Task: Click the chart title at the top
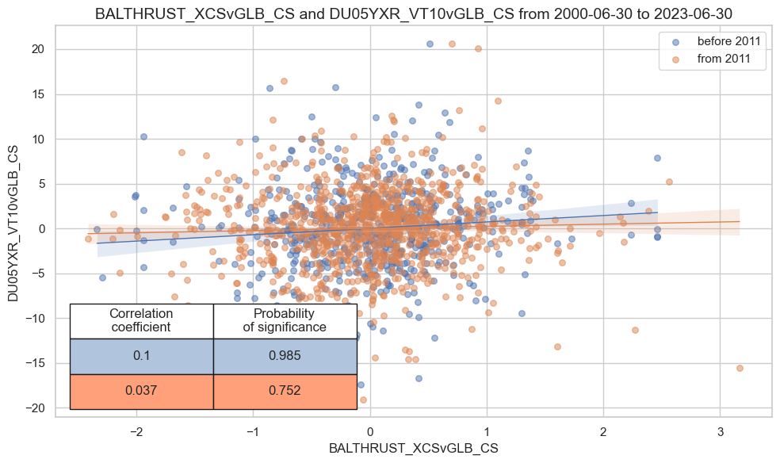click(x=411, y=13)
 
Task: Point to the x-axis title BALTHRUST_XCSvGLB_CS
click(x=413, y=448)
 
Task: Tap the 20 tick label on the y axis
click(x=39, y=49)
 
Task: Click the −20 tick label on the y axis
click(x=36, y=408)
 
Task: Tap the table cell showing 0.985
click(x=285, y=356)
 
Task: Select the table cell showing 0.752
click(x=285, y=392)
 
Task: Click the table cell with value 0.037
click(x=141, y=392)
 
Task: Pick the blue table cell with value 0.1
click(x=141, y=356)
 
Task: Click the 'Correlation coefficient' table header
click(x=141, y=320)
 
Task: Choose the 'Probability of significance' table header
click(x=285, y=320)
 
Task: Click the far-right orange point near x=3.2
click(x=740, y=368)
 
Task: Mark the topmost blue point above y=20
click(x=430, y=44)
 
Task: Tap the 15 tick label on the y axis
click(x=39, y=94)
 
